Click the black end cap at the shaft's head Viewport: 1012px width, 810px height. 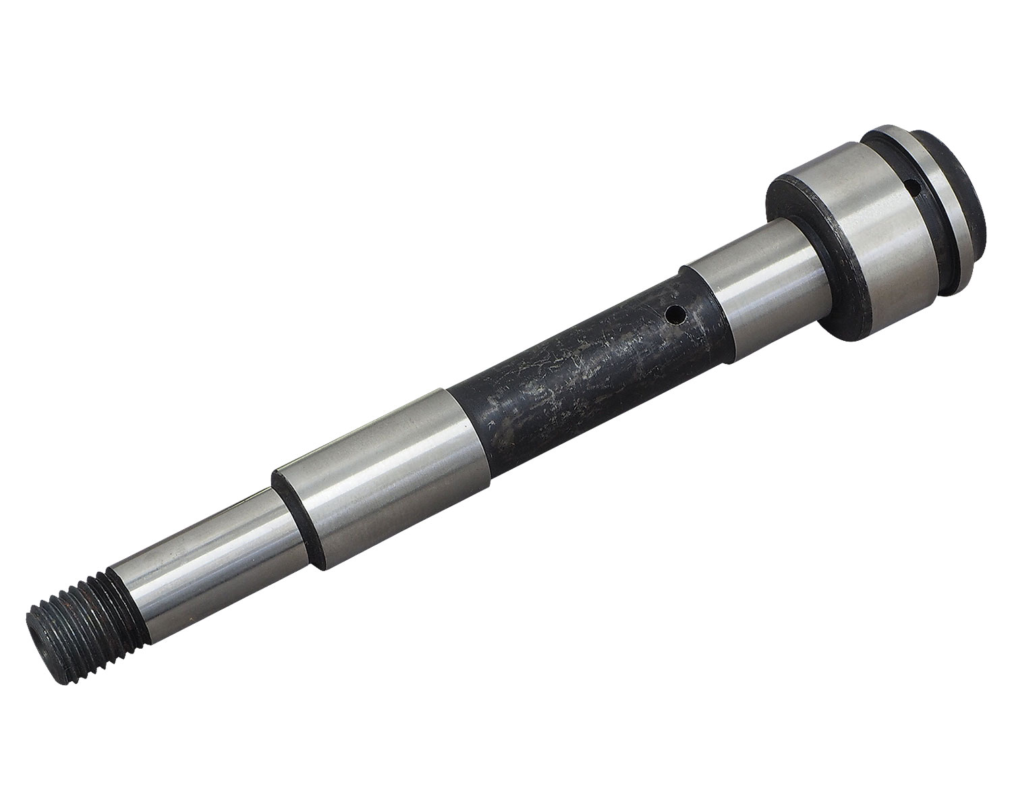(x=972, y=182)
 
